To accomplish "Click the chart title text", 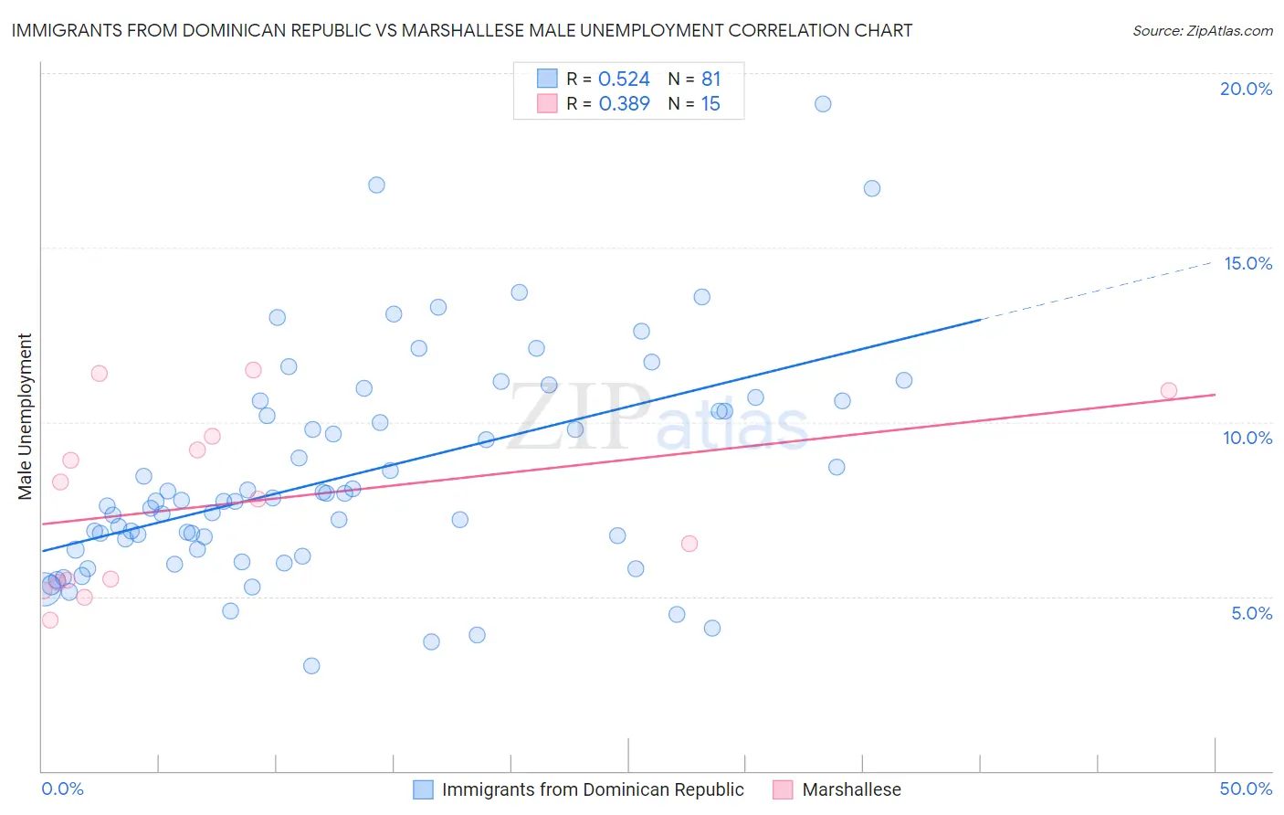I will pyautogui.click(x=461, y=30).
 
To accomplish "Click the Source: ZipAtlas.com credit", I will pyautogui.click(x=1202, y=30).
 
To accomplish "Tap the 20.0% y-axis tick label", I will pyautogui.click(x=1246, y=89).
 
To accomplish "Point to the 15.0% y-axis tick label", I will pyautogui.click(x=1247, y=263).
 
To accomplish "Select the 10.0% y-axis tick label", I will pyautogui.click(x=1247, y=438).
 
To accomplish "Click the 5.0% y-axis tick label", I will pyautogui.click(x=1251, y=613).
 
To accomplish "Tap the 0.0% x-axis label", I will pyautogui.click(x=62, y=789).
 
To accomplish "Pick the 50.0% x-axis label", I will pyautogui.click(x=1246, y=789).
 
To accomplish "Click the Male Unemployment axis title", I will pyautogui.click(x=26, y=417).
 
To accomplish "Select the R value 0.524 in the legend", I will pyautogui.click(x=624, y=79).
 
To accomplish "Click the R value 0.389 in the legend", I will pyautogui.click(x=624, y=104).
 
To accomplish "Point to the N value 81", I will pyautogui.click(x=710, y=79).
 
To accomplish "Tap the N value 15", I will pyautogui.click(x=710, y=104).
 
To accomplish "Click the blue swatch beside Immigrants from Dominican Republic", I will pyautogui.click(x=423, y=789).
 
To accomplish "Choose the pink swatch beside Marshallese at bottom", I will pyautogui.click(x=783, y=789).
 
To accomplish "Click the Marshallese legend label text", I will pyautogui.click(x=851, y=789).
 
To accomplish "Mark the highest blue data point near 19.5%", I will pyautogui.click(x=823, y=104).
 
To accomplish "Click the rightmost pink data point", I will pyautogui.click(x=1169, y=391).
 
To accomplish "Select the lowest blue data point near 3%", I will pyautogui.click(x=311, y=666).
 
